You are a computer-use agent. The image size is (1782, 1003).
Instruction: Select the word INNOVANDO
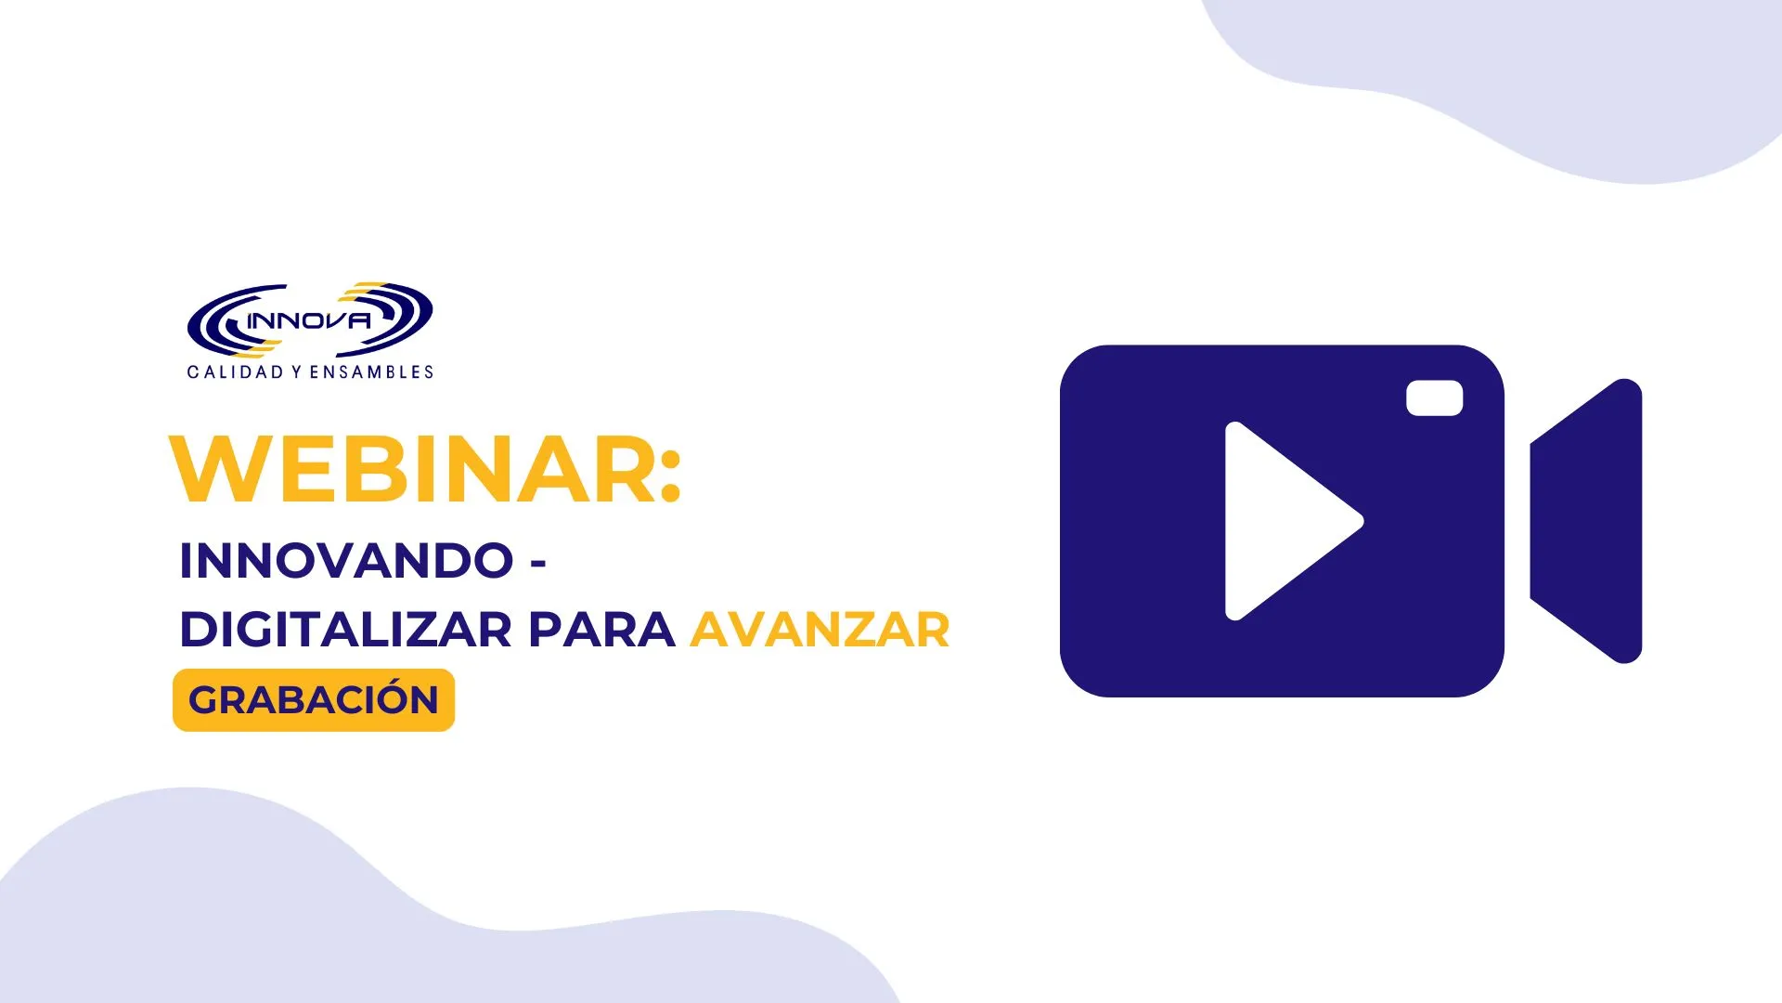[x=346, y=560]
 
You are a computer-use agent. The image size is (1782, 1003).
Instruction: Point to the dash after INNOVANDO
[x=537, y=563]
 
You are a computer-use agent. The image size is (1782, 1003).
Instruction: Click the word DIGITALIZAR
[x=345, y=630]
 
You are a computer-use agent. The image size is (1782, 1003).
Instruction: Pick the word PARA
[x=601, y=630]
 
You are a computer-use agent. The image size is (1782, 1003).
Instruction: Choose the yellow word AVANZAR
[x=820, y=630]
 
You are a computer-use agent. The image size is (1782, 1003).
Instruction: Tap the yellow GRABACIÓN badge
[x=314, y=700]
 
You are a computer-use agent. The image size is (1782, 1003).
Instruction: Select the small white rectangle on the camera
[x=1435, y=398]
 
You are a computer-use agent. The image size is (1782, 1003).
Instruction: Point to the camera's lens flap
[x=1586, y=521]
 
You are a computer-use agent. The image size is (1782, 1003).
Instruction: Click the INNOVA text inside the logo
[x=309, y=321]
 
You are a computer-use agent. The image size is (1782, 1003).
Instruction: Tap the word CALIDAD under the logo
[x=236, y=372]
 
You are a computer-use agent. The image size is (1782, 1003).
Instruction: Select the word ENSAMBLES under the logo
[x=371, y=372]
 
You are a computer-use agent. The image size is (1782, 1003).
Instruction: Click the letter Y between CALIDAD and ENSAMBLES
[x=296, y=372]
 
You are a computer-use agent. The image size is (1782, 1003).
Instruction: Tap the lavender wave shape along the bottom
[x=371, y=910]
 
